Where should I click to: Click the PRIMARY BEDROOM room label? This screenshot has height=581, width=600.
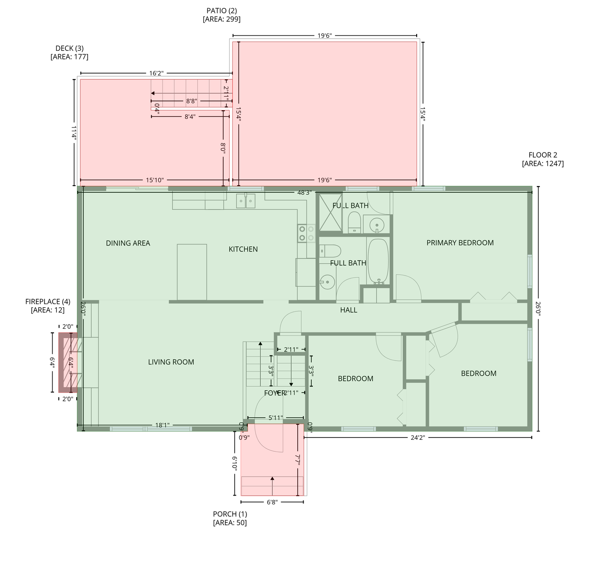pyautogui.click(x=460, y=243)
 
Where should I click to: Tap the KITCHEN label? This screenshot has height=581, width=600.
pyautogui.click(x=243, y=249)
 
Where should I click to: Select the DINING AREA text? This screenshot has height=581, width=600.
pyautogui.click(x=128, y=243)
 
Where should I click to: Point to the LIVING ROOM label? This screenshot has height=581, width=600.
pyautogui.click(x=171, y=362)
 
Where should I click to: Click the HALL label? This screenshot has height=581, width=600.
pyautogui.click(x=349, y=310)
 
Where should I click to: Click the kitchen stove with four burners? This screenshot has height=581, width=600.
pyautogui.click(x=306, y=233)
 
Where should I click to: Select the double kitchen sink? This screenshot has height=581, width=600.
pyautogui.click(x=246, y=201)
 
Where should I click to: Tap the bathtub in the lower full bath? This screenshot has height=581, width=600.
pyautogui.click(x=378, y=261)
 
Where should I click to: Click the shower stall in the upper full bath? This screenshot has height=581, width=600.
pyautogui.click(x=330, y=213)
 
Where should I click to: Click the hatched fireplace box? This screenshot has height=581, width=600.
pyautogui.click(x=68, y=362)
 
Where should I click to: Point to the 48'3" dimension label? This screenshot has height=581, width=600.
pyautogui.click(x=304, y=192)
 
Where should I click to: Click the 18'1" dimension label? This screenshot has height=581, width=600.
pyautogui.click(x=162, y=425)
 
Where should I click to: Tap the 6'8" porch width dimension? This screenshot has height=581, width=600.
pyautogui.click(x=272, y=502)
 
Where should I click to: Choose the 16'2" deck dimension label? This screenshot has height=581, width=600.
pyautogui.click(x=156, y=73)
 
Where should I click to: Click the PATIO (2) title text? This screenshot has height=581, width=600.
pyautogui.click(x=221, y=10)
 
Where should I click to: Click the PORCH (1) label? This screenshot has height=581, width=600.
pyautogui.click(x=230, y=514)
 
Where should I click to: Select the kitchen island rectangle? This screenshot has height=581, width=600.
pyautogui.click(x=192, y=272)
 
